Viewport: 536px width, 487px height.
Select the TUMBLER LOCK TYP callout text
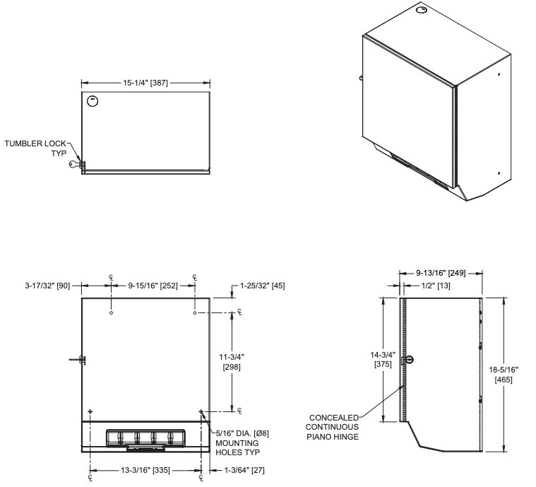pos(35,148)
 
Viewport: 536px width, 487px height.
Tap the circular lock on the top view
pos(92,101)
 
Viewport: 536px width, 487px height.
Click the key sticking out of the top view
pos(76,165)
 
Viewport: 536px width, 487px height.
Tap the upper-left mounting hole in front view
pos(111,312)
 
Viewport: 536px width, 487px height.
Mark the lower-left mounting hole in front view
pos(90,411)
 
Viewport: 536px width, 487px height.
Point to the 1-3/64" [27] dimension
pos(240,470)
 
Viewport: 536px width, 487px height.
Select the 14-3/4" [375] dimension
pos(383,360)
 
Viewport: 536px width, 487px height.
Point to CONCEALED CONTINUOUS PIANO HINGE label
pos(332,427)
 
